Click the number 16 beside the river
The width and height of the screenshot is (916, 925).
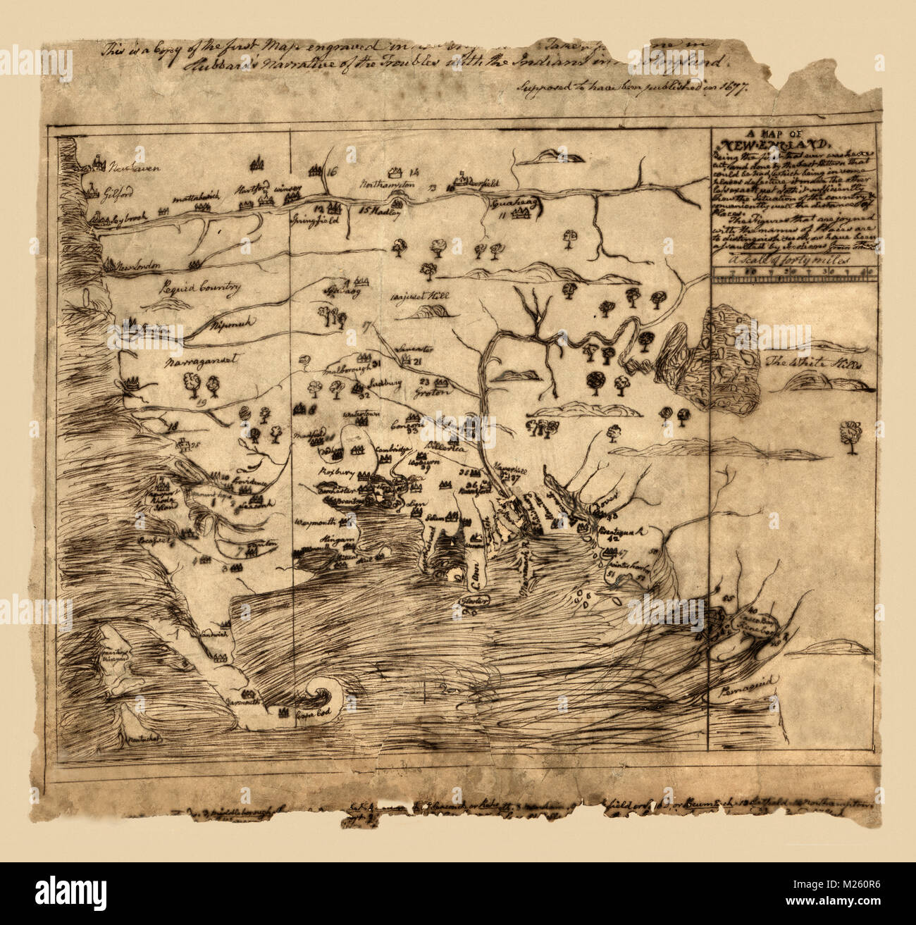[333, 170]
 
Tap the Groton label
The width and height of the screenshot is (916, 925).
[431, 392]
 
